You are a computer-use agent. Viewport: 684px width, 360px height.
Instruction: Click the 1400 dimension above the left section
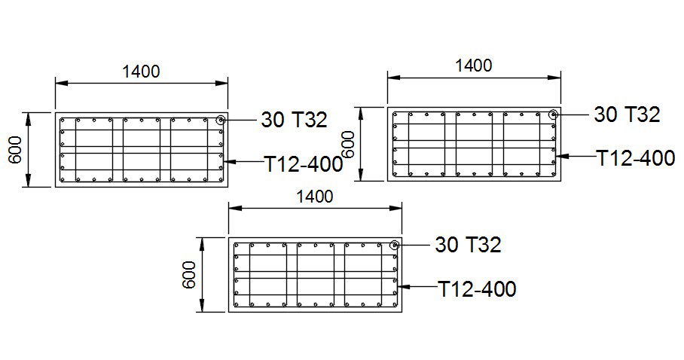pyautogui.click(x=141, y=71)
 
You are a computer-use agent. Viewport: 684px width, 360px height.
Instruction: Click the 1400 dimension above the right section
pyautogui.click(x=473, y=66)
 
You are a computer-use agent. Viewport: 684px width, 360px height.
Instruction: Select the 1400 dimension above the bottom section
pyautogui.click(x=315, y=197)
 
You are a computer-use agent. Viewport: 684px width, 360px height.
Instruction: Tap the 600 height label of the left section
pyautogui.click(x=16, y=150)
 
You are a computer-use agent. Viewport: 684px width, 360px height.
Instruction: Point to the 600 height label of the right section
pyautogui.click(x=348, y=145)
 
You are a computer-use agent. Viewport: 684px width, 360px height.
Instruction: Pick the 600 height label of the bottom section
pyautogui.click(x=189, y=275)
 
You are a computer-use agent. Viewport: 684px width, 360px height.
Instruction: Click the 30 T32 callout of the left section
pyautogui.click(x=294, y=120)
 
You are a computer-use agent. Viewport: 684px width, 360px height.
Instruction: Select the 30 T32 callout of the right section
pyautogui.click(x=627, y=114)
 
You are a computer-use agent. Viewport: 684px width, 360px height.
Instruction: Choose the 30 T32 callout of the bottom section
pyautogui.click(x=468, y=245)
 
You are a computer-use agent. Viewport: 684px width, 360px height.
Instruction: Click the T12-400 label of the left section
pyautogui.click(x=304, y=163)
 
